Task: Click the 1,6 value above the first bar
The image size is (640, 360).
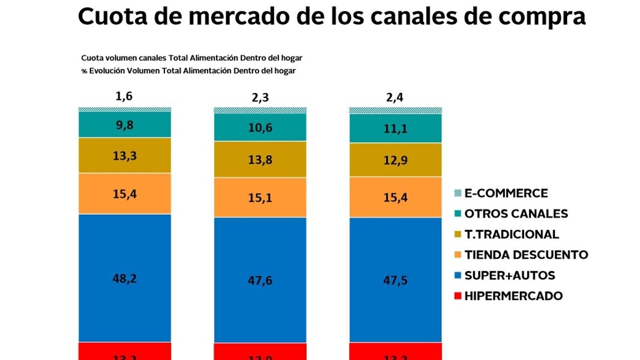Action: click(124, 96)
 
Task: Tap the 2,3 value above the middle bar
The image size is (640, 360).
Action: click(260, 98)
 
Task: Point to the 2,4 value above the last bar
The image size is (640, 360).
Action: click(395, 98)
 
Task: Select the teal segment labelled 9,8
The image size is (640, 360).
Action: click(125, 125)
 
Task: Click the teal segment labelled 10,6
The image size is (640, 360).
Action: click(260, 128)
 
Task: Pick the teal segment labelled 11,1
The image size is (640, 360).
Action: click(395, 128)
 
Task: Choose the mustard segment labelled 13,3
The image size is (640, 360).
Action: click(125, 156)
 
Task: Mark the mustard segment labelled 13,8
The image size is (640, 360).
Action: click(260, 160)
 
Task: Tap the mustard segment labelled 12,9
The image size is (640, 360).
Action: click(395, 160)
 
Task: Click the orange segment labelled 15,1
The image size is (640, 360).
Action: click(260, 198)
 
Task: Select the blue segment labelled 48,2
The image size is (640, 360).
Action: click(125, 278)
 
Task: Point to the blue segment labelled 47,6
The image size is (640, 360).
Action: click(260, 280)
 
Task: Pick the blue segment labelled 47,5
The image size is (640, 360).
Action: click(395, 280)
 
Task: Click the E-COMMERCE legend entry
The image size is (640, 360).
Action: click(506, 193)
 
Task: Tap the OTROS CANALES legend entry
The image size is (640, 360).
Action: click(516, 214)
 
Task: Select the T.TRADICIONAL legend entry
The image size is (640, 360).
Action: click(512, 234)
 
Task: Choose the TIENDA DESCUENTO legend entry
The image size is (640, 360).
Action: click(526, 255)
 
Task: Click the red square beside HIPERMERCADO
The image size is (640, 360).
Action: click(458, 296)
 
